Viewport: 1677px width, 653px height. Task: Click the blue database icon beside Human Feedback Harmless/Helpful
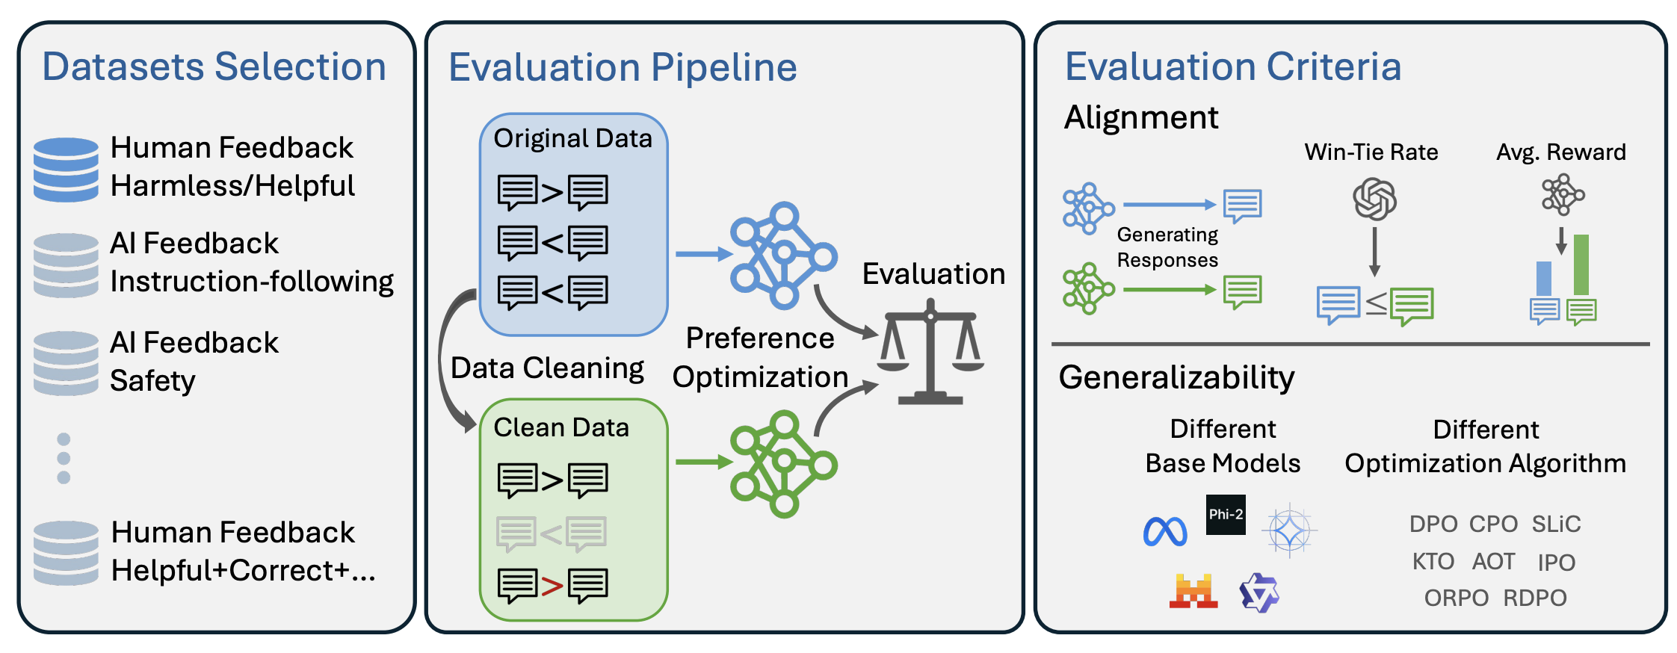point(66,170)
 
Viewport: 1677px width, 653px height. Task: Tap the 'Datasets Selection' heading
point(214,66)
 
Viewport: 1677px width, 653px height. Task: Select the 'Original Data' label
point(572,138)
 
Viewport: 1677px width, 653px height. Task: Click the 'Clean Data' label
point(561,427)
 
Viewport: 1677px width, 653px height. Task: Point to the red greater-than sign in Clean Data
point(552,586)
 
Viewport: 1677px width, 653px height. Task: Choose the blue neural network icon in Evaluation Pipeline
point(783,256)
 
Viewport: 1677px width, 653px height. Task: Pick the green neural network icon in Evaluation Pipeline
point(783,464)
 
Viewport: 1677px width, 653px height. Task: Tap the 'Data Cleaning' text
point(547,368)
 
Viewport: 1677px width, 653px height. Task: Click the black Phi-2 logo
point(1226,515)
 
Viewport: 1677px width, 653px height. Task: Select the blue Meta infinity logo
point(1165,532)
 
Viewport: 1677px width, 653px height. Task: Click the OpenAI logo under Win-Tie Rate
point(1374,199)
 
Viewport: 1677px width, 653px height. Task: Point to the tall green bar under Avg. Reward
point(1581,264)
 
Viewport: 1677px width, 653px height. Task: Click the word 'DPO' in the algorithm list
point(1433,524)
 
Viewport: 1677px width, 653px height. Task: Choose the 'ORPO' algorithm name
point(1456,598)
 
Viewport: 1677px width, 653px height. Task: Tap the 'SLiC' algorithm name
point(1556,524)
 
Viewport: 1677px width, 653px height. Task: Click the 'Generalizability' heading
point(1176,377)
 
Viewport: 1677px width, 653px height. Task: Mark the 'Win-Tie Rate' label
point(1371,152)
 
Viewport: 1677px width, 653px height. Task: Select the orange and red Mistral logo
point(1193,592)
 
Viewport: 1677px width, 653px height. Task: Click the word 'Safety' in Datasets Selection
point(152,381)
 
